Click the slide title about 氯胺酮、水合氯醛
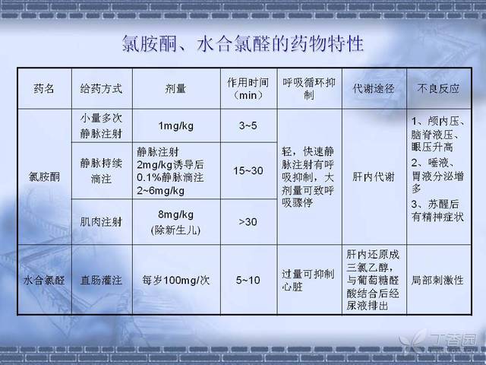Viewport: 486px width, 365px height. [x=243, y=43]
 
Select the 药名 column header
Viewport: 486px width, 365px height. [x=44, y=89]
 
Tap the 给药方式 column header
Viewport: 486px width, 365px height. [x=101, y=89]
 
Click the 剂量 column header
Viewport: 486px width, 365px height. [x=175, y=89]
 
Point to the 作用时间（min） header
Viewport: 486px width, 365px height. [x=248, y=89]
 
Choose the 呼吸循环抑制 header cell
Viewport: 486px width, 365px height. [x=309, y=89]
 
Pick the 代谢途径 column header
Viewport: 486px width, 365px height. [x=374, y=89]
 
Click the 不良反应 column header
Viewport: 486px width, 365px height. [x=438, y=89]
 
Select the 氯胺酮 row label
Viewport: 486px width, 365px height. [x=44, y=177]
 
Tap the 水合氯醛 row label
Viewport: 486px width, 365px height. [x=44, y=281]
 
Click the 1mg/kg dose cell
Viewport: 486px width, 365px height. [x=175, y=126]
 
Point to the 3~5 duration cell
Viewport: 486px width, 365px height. [x=248, y=125]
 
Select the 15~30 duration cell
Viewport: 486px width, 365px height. [x=248, y=170]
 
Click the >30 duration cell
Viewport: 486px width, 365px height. [x=248, y=222]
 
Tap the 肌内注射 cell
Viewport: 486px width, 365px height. [x=101, y=222]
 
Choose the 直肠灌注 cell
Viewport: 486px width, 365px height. [x=101, y=281]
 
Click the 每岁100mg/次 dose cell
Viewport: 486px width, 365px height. [x=175, y=281]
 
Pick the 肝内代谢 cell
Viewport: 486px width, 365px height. [x=374, y=177]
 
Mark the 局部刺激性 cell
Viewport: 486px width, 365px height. [x=437, y=281]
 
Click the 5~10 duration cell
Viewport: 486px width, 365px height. [x=248, y=281]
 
